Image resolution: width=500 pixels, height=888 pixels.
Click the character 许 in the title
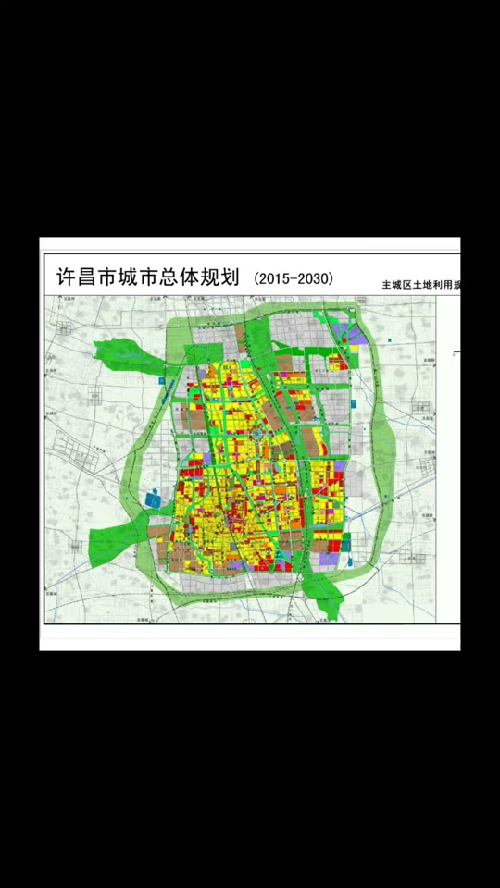pyautogui.click(x=68, y=277)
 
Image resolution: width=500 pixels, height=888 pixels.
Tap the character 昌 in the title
pyautogui.click(x=93, y=277)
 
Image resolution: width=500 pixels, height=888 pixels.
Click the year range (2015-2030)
pyautogui.click(x=294, y=277)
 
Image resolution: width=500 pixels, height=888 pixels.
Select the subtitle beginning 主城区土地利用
pyautogui.click(x=421, y=286)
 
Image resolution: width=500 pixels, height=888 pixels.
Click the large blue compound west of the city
pyautogui.click(x=154, y=499)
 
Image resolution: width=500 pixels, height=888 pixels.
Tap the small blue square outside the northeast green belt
pyautogui.click(x=392, y=341)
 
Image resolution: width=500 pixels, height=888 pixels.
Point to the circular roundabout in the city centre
pyautogui.click(x=256, y=433)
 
